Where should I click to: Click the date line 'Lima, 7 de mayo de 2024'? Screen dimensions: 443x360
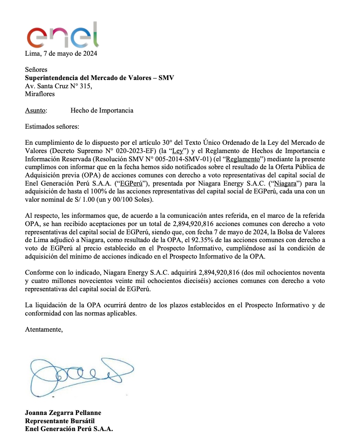pos(61,54)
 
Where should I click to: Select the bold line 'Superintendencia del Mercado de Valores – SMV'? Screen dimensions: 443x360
pos(99,78)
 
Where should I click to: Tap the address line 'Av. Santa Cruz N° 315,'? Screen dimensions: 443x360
pos(59,86)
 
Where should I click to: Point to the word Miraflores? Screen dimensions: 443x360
pos(40,94)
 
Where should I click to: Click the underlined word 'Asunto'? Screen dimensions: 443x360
pos(36,110)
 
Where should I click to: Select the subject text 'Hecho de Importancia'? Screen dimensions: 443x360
pos(102,110)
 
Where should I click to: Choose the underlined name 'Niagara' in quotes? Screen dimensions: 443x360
pos(284,183)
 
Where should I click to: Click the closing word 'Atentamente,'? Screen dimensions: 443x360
pos(44,329)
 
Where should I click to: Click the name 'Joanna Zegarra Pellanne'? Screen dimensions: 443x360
pos(63,412)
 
